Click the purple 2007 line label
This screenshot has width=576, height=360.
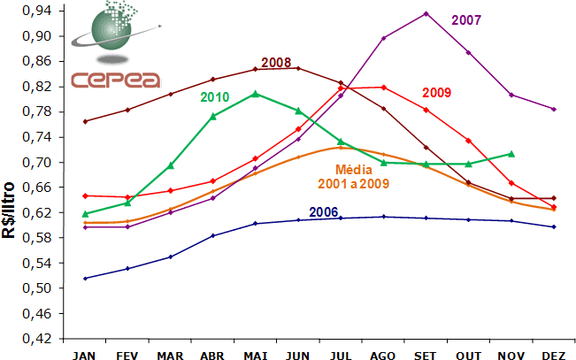[x=467, y=20]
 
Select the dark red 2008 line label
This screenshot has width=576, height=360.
[x=276, y=63]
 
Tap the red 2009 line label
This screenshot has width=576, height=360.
[x=438, y=92]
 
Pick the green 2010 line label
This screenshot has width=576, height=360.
[x=216, y=96]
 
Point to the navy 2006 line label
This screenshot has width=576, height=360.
[x=324, y=212]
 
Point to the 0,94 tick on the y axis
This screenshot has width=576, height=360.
[x=41, y=11]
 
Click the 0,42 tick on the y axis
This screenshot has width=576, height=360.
[x=41, y=339]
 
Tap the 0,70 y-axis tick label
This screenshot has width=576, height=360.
[x=41, y=163]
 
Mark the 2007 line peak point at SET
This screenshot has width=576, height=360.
[x=426, y=13]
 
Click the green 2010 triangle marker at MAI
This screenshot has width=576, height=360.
[x=256, y=94]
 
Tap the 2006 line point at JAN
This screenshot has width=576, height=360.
[x=85, y=279]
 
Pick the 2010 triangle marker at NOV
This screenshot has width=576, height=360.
[x=511, y=154]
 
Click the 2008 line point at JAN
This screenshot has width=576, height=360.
[x=85, y=121]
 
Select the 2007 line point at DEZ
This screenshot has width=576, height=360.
[x=553, y=110]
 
